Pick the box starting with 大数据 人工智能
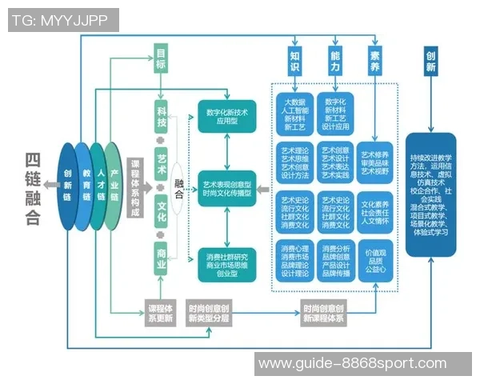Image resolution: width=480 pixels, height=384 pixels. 295,114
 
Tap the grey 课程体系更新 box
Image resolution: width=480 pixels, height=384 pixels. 161,313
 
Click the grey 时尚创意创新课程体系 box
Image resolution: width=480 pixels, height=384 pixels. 323,313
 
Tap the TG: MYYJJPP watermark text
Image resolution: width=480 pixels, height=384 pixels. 58,19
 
